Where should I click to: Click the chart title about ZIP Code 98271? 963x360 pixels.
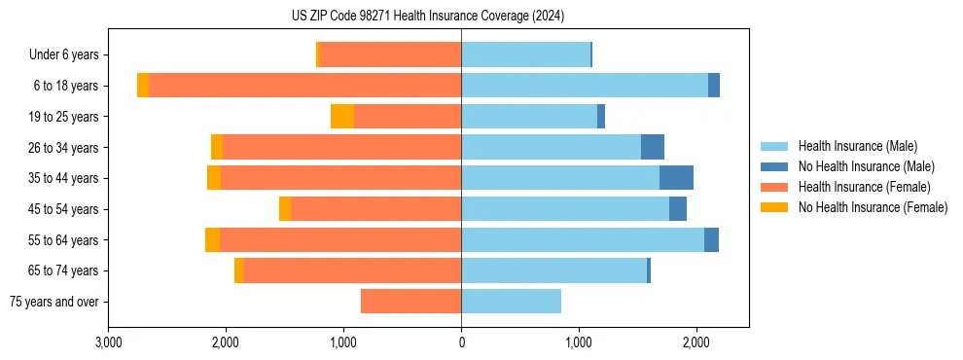pyautogui.click(x=427, y=16)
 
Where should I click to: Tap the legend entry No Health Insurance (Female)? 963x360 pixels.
pyautogui.click(x=873, y=207)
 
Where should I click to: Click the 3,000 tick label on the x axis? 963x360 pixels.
pyautogui.click(x=108, y=343)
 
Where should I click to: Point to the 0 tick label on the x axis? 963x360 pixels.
pyautogui.click(x=461, y=343)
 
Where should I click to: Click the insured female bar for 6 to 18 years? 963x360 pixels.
pyautogui.click(x=304, y=86)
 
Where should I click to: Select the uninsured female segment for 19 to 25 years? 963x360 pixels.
pyautogui.click(x=342, y=117)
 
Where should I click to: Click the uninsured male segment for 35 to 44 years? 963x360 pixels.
pyautogui.click(x=676, y=178)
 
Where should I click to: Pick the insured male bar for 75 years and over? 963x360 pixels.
pyautogui.click(x=511, y=302)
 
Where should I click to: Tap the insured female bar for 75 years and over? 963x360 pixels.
pyautogui.click(x=410, y=302)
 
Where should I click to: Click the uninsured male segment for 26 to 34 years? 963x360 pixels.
pyautogui.click(x=653, y=147)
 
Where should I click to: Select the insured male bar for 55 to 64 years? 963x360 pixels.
pyautogui.click(x=582, y=239)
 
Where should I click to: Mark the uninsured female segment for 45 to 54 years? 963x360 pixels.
pyautogui.click(x=285, y=209)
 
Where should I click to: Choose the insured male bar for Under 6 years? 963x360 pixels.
pyautogui.click(x=525, y=54)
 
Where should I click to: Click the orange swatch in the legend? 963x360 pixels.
pyautogui.click(x=774, y=207)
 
